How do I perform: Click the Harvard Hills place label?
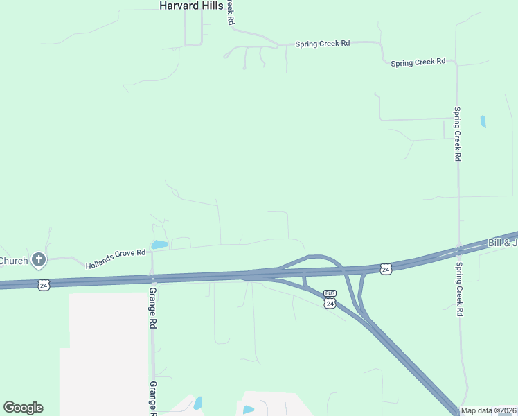190,6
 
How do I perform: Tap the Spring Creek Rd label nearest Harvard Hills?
323,44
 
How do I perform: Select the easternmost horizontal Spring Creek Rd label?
418,62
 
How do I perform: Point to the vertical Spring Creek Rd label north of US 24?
457,134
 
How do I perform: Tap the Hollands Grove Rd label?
116,259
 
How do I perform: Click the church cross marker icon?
39,261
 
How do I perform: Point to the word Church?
13,261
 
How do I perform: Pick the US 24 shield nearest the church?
44,285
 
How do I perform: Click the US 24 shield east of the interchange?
386,268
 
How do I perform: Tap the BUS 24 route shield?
330,300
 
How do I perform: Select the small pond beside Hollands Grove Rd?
159,245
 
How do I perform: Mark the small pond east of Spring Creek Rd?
483,121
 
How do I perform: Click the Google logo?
23,408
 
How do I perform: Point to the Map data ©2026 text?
489,410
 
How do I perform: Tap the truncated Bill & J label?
503,243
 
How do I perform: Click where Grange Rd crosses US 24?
151,278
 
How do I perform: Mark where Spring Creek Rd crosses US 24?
458,249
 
